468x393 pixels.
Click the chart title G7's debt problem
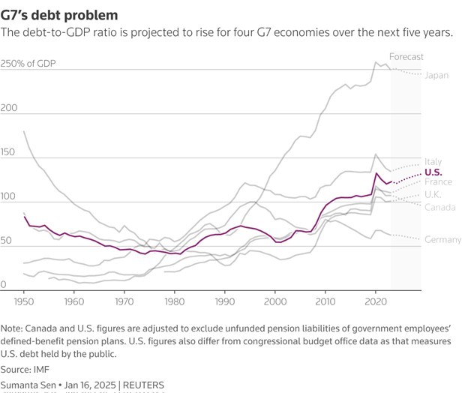(59, 14)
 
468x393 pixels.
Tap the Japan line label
(436, 75)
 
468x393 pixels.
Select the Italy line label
(433, 162)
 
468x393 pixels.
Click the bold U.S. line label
(433, 172)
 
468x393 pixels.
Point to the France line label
(438, 182)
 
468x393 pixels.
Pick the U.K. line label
(434, 194)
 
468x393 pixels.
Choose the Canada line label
(439, 206)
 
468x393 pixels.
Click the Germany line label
(443, 240)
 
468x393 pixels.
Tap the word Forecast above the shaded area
(406, 56)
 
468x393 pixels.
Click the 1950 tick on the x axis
(24, 301)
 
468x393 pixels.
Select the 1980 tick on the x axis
(174, 301)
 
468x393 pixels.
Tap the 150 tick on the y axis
(10, 153)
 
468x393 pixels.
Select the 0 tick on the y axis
(4, 285)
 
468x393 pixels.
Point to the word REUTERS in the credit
(142, 385)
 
